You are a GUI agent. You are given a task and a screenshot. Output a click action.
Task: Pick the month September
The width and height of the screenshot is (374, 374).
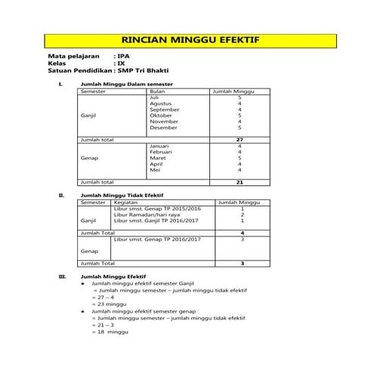(164, 110)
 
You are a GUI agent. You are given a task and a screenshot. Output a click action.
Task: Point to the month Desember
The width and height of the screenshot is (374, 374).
(164, 128)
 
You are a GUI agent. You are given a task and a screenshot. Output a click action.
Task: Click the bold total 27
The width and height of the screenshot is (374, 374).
(240, 140)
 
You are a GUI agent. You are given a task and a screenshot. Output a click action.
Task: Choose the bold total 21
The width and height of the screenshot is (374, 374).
(240, 182)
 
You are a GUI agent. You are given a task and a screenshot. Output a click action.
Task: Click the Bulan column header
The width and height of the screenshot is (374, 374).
(158, 91)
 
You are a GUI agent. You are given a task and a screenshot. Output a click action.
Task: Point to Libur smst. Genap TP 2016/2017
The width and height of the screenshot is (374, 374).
(157, 239)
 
